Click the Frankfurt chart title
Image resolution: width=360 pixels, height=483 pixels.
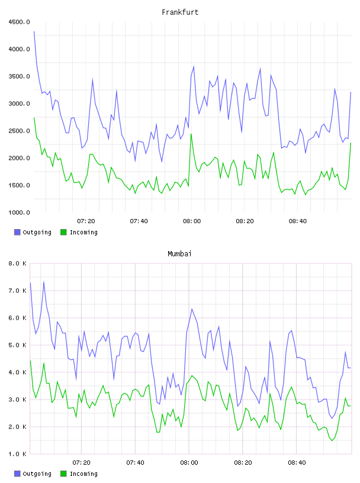(x=180, y=12)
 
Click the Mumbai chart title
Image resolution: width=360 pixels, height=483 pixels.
(x=179, y=254)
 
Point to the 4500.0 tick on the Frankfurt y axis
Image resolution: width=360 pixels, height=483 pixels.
(x=19, y=22)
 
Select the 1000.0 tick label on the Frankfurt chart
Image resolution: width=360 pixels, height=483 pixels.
(x=19, y=212)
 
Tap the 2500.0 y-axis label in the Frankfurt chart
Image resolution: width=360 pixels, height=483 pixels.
(x=19, y=131)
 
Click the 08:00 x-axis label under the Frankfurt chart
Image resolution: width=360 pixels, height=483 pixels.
(x=192, y=221)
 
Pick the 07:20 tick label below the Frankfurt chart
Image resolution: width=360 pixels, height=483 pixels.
(x=86, y=221)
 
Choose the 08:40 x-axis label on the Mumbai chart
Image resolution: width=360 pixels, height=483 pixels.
(x=297, y=463)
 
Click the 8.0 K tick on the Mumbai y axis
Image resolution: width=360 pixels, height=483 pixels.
(x=17, y=263)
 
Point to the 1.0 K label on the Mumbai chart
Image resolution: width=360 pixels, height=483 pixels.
(x=17, y=454)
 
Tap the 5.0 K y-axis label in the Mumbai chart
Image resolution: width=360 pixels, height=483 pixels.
(x=17, y=345)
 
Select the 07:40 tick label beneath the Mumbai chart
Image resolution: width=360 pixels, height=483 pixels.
(x=136, y=463)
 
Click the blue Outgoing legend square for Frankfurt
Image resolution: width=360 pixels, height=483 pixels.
(x=17, y=232)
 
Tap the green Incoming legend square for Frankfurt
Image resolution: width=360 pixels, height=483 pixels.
(x=63, y=232)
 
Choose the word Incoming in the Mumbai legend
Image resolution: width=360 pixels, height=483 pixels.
(x=83, y=474)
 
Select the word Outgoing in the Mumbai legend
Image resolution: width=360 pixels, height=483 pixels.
(x=37, y=474)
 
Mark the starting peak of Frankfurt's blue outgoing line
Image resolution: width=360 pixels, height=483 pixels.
(x=34, y=31)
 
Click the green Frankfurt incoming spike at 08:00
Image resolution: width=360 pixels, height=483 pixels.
(x=191, y=134)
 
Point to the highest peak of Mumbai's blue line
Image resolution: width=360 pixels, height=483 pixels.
(x=44, y=282)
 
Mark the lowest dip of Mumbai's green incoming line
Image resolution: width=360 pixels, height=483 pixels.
(x=332, y=440)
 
